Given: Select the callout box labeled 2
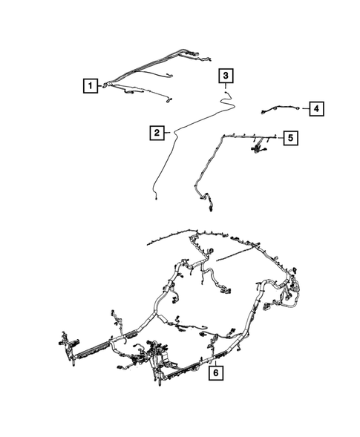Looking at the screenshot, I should [x=157, y=133].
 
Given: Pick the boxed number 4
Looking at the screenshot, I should [x=315, y=109].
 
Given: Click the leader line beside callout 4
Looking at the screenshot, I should [x=304, y=109].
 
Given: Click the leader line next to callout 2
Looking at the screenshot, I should [x=168, y=133].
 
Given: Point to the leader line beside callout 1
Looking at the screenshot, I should [x=102, y=86].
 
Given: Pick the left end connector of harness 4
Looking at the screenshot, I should [x=263, y=112].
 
